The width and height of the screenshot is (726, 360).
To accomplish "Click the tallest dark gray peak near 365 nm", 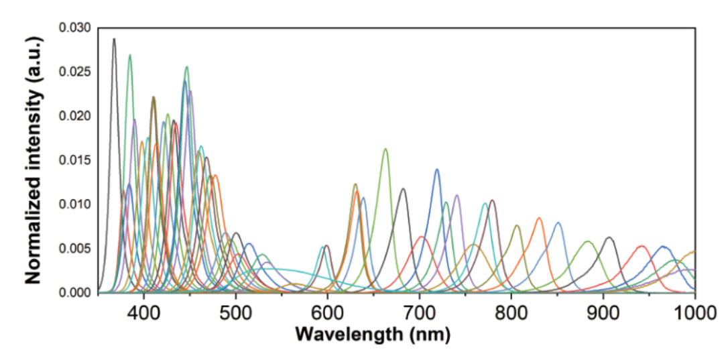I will (x=114, y=39).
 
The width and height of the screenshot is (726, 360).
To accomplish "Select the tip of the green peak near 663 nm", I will (x=385, y=149).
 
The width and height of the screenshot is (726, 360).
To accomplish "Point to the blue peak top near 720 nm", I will (x=437, y=169).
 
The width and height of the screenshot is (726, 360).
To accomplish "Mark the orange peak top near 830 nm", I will (x=539, y=218).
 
